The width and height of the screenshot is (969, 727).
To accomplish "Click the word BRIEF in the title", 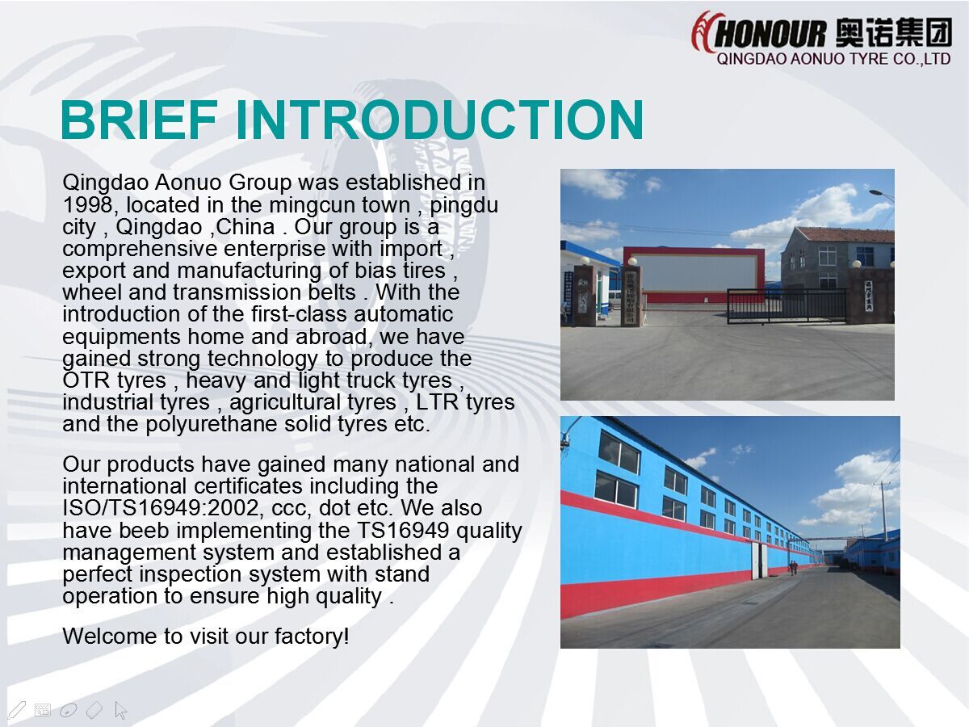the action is tap(139, 120).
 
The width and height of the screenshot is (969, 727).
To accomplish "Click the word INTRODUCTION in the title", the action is tap(438, 120).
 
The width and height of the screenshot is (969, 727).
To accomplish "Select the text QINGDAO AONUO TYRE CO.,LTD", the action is tap(833, 59).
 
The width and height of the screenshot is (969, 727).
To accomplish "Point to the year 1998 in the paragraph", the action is tap(87, 204).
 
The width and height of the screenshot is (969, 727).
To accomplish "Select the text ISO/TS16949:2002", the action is tap(160, 508).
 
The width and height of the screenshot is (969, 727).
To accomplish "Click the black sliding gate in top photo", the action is tap(787, 306).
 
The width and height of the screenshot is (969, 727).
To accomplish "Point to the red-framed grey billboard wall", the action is tap(694, 274).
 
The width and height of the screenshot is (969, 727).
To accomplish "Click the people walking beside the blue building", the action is tap(793, 567).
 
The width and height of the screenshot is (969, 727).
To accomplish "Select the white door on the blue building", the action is tap(760, 561).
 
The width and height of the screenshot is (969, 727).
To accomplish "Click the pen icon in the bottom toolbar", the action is tap(16, 710).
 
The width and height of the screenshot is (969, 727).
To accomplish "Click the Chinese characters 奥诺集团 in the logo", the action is tap(892, 33).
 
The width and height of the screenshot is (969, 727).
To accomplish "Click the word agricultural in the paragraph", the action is tap(313, 402).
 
